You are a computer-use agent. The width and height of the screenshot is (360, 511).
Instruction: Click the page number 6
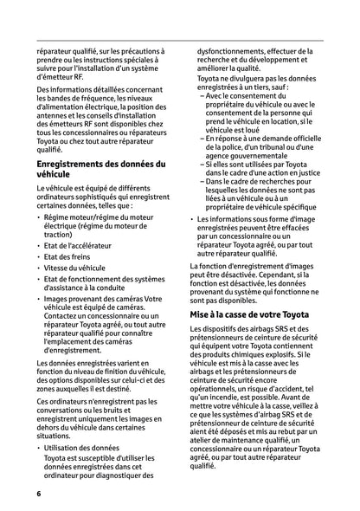tap(39, 493)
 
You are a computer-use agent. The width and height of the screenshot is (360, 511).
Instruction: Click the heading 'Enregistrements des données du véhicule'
tap(100, 169)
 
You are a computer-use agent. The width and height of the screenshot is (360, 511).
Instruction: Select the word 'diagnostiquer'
tap(112, 475)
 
